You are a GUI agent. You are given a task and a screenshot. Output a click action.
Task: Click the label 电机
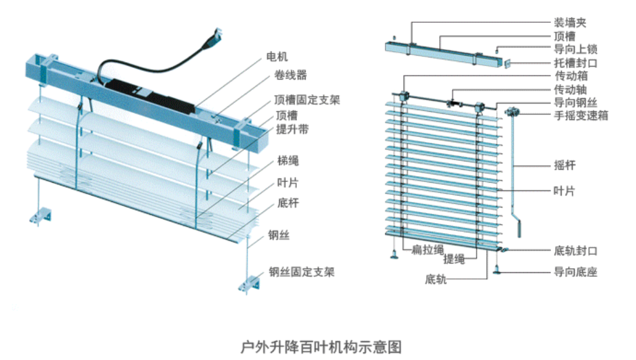coord(278,57)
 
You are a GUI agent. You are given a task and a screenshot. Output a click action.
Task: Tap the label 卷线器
coord(290,76)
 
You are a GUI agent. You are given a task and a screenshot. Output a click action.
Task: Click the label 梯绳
coord(288,161)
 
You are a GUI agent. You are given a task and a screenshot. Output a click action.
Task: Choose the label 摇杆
coord(565,166)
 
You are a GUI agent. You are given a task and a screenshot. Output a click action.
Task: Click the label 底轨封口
coord(575,251)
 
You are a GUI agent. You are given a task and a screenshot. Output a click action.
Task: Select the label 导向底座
coord(575,272)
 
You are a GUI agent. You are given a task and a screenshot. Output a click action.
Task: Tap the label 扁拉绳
coord(427,250)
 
